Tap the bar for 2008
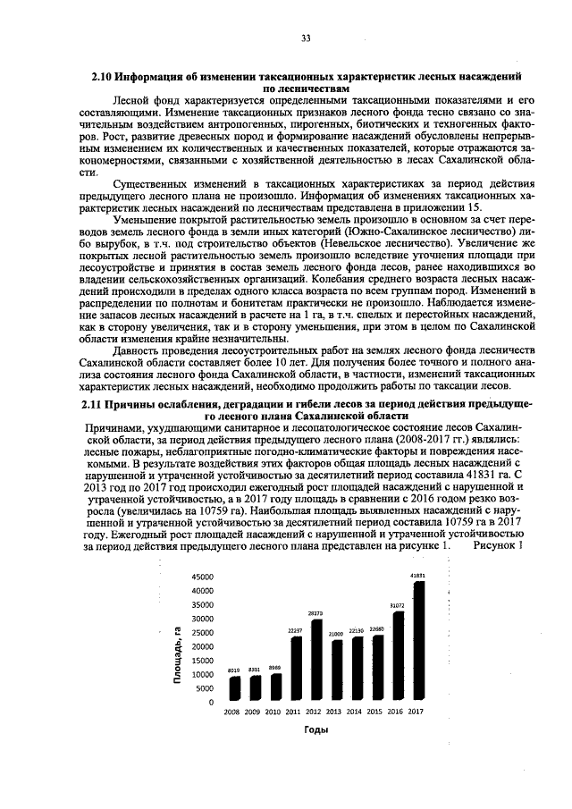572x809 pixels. pyautogui.click(x=234, y=687)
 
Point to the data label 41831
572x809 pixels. pyautogui.click(x=417, y=575)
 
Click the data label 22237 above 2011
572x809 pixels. pyautogui.click(x=295, y=630)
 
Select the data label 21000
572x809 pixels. pyautogui.click(x=335, y=634)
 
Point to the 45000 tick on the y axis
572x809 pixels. pyautogui.click(x=202, y=577)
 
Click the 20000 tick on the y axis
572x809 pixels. pyautogui.click(x=202, y=646)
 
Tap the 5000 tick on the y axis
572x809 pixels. pyautogui.click(x=205, y=688)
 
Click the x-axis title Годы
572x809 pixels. pyautogui.click(x=315, y=730)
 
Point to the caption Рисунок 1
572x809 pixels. pyautogui.click(x=498, y=545)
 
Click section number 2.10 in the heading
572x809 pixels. pyautogui.click(x=105, y=79)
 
